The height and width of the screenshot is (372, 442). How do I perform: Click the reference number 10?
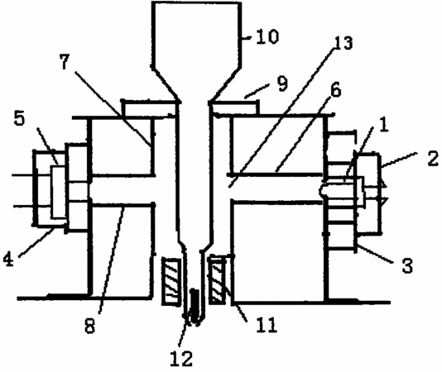point(267,36)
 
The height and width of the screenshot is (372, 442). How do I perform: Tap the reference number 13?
point(342,43)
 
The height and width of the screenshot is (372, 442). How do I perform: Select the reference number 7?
point(65,62)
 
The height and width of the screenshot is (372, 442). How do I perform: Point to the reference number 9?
point(282,83)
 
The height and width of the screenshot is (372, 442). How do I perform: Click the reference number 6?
point(335,89)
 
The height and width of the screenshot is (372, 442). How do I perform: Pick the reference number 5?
point(19,118)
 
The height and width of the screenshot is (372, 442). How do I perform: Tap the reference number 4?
point(8,259)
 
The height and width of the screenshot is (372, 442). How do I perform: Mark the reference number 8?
point(89,326)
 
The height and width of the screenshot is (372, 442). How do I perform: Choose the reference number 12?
point(181,358)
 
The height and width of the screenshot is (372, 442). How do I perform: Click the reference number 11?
point(267,325)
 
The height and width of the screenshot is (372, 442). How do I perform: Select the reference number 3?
point(407,265)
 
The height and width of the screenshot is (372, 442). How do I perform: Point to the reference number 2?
point(433,158)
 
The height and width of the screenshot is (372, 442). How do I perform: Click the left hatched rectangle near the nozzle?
point(171,281)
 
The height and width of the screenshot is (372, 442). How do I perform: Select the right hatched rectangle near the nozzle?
point(217,279)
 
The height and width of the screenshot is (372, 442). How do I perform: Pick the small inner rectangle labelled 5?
point(58,193)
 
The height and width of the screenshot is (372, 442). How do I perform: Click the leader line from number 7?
point(113,108)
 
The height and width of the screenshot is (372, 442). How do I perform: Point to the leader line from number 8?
point(112,260)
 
